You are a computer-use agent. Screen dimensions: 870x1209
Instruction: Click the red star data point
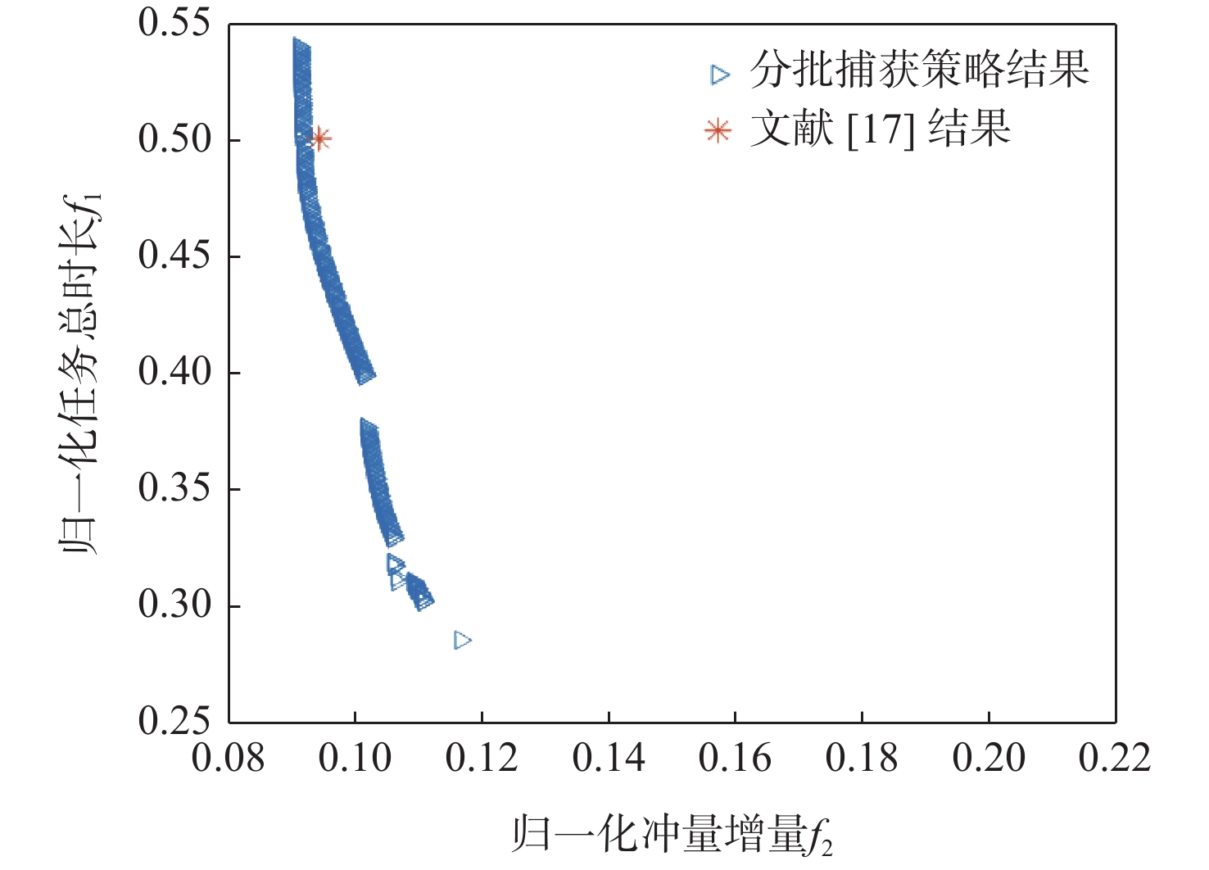tap(321, 138)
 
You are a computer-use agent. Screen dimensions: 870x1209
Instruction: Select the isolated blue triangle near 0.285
tap(463, 640)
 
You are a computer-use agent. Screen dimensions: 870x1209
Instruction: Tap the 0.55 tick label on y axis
tap(174, 24)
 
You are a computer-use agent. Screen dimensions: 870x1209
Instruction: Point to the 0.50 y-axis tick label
tap(174, 139)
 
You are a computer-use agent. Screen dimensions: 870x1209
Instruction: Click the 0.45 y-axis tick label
tap(174, 256)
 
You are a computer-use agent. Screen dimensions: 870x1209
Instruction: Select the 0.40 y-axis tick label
tap(174, 372)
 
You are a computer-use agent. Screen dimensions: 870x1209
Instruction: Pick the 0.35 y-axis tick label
tap(174, 488)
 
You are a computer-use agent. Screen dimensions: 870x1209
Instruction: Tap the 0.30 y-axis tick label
tap(174, 605)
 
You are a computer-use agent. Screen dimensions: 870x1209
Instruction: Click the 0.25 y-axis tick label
tap(174, 721)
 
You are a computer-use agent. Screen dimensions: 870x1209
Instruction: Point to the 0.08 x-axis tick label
tap(229, 759)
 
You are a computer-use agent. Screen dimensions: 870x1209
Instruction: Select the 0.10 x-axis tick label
tap(355, 759)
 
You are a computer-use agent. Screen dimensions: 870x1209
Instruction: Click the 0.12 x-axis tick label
tap(482, 759)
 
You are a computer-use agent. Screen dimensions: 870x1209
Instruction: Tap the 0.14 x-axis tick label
tap(609, 759)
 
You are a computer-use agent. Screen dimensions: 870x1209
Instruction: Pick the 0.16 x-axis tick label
tap(735, 759)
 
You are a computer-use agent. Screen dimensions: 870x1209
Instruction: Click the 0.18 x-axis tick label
tap(862, 759)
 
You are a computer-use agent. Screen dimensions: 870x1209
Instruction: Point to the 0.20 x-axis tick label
tap(989, 759)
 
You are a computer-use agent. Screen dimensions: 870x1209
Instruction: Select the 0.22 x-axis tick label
tap(1115, 759)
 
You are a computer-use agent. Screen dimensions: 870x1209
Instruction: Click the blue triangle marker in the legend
tap(720, 75)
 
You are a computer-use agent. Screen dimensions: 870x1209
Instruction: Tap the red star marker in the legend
tap(718, 130)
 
